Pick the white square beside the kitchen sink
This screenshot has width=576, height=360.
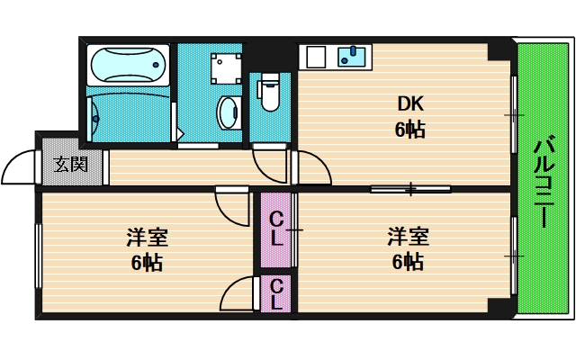click(x=315, y=57)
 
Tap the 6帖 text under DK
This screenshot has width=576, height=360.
click(x=409, y=130)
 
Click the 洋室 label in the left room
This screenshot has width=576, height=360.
click(x=147, y=238)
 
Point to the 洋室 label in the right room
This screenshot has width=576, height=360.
click(x=408, y=238)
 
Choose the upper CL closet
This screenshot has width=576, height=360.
click(x=277, y=230)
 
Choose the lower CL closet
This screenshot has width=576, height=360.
click(x=277, y=294)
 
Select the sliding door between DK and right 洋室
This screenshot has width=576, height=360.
click(x=410, y=189)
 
